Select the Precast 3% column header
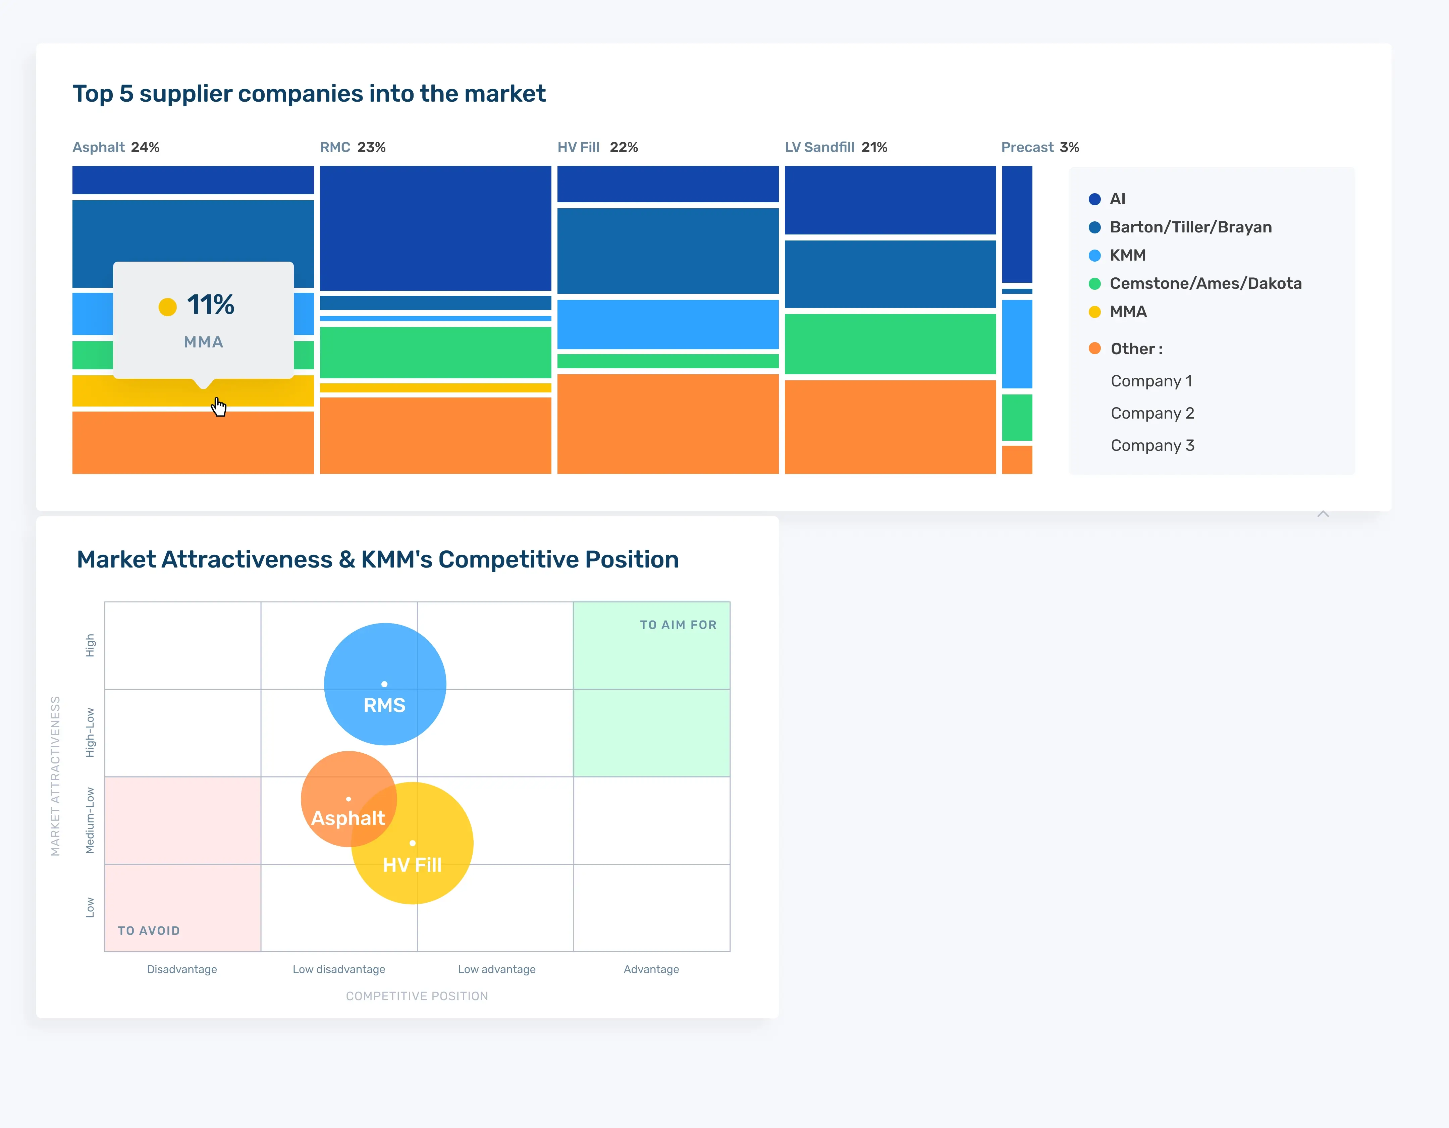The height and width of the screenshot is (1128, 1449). [1040, 147]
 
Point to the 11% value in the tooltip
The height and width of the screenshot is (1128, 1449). [210, 305]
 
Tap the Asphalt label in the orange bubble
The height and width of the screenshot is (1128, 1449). [347, 818]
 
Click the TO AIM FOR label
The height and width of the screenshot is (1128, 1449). [678, 625]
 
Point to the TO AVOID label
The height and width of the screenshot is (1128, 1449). [149, 931]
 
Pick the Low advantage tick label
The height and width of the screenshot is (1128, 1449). [496, 969]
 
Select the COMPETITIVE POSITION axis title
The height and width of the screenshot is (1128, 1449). [417, 996]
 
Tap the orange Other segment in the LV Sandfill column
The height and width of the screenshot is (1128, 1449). [890, 427]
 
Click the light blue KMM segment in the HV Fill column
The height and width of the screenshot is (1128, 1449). [667, 324]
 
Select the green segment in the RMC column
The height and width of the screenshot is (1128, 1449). [435, 352]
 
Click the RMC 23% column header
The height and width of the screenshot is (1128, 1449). [352, 147]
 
